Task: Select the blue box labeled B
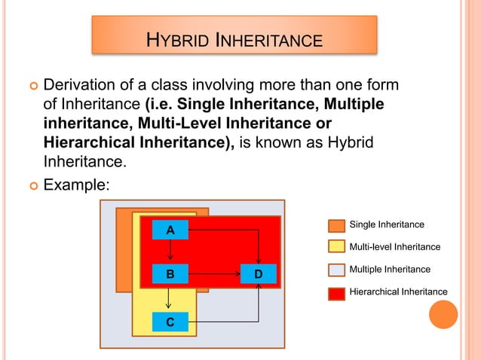tap(170, 275)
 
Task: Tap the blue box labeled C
tap(170, 322)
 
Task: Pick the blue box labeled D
tap(258, 275)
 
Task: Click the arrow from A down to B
tap(170, 252)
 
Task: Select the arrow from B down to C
tap(170, 298)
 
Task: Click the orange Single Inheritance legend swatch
tap(337, 225)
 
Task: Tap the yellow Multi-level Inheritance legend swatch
tap(337, 247)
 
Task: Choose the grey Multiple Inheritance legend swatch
tap(337, 270)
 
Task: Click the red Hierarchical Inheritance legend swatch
tap(337, 292)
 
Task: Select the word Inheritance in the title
tap(269, 38)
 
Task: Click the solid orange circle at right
tap(443, 314)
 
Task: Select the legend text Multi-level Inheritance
tap(395, 247)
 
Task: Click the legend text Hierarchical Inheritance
tap(398, 291)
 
